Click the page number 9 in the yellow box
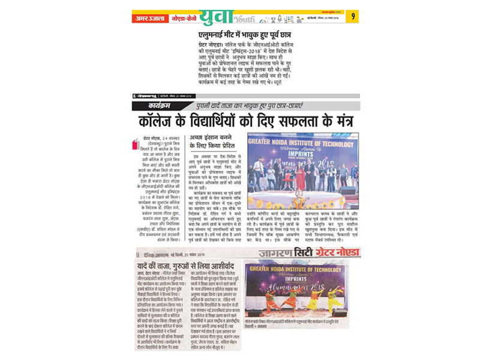[x=354, y=17]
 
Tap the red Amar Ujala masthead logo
[x=145, y=18]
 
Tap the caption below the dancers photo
[x=295, y=322]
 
